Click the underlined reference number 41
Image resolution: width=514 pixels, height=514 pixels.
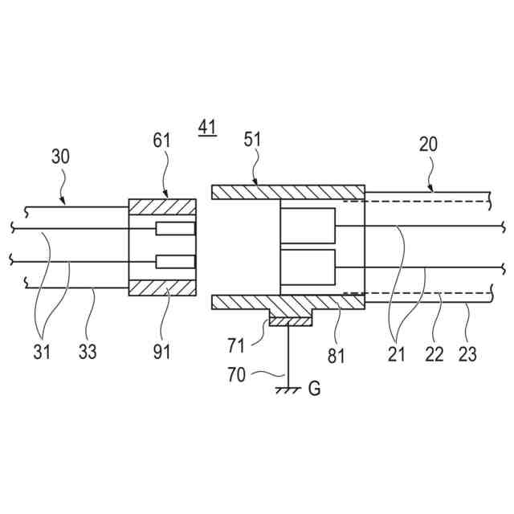point(207,126)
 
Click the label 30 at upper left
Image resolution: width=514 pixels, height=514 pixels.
point(61,155)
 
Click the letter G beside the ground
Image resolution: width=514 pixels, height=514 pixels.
point(314,390)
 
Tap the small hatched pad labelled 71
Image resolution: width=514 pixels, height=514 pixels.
point(288,321)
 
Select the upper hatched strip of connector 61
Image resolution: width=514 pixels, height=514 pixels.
point(162,207)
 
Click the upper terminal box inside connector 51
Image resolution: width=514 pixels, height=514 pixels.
point(308,226)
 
